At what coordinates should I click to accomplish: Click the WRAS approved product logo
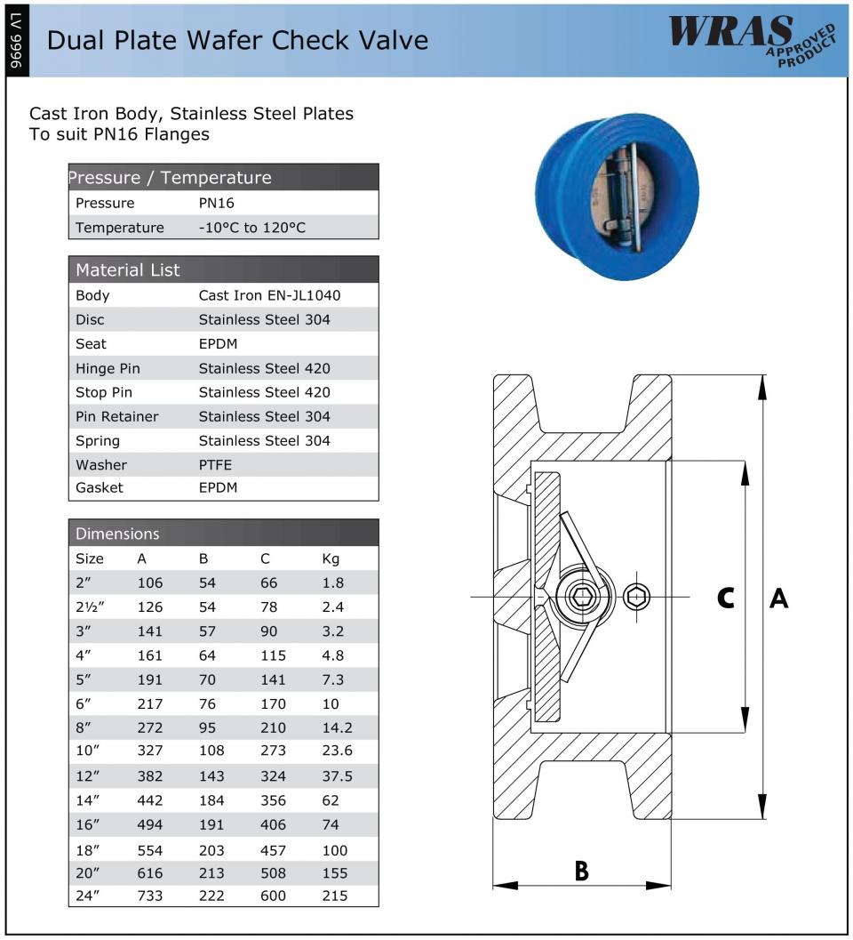(x=753, y=39)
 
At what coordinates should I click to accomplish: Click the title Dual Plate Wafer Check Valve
(x=237, y=41)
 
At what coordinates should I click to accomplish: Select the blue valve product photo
(x=617, y=197)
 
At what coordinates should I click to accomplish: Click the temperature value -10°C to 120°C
(x=251, y=228)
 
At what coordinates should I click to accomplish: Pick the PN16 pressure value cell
(x=216, y=204)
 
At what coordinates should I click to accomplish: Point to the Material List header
(x=128, y=269)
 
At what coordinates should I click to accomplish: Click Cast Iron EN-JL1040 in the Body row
(x=269, y=295)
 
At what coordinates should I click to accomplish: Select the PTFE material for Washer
(x=215, y=464)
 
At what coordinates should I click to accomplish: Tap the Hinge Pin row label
(x=108, y=369)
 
